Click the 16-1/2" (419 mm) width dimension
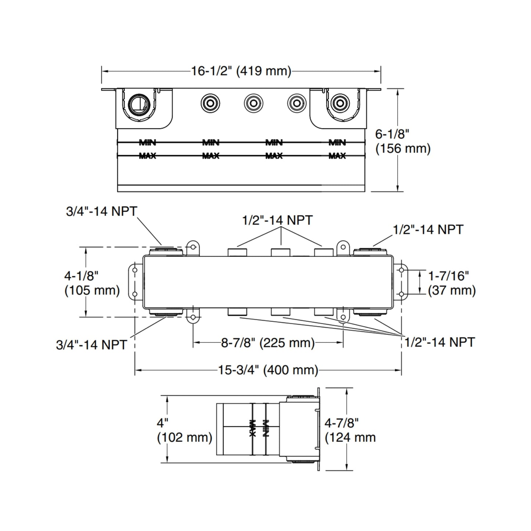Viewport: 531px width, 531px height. click(241, 71)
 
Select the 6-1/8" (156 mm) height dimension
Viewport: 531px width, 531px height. click(402, 141)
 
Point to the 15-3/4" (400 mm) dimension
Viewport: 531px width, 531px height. click(268, 370)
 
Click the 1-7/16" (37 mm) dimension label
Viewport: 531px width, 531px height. click(452, 283)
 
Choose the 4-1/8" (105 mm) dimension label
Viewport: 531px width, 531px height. click(92, 283)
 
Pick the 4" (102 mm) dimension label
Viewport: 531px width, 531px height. click(184, 430)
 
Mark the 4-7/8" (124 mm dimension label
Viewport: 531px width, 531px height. click(350, 430)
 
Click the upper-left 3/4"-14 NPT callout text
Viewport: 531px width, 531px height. click(101, 211)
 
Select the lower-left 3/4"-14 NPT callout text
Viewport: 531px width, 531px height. click(92, 344)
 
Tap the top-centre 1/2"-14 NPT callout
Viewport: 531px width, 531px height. click(277, 220)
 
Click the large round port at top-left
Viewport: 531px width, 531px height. click(139, 103)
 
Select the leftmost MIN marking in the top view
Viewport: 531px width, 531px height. click(148, 142)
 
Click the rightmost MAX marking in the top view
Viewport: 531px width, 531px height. click(337, 156)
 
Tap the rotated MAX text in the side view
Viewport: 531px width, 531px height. click(252, 428)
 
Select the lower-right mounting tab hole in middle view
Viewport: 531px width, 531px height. click(343, 317)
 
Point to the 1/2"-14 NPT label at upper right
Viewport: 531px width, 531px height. click(428, 230)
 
